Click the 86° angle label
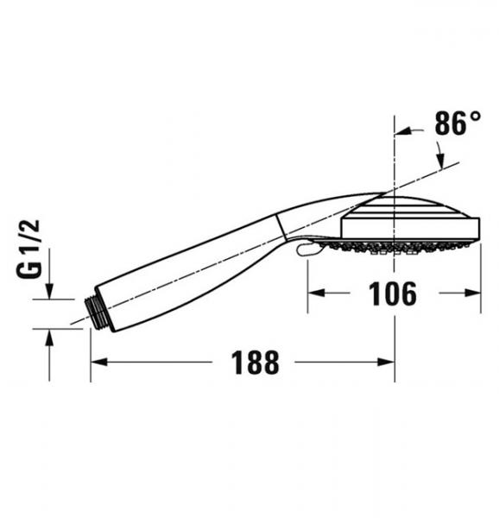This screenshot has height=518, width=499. click(457, 123)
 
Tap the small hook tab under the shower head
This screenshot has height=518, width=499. click(301, 250)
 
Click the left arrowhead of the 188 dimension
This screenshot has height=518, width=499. click(98, 363)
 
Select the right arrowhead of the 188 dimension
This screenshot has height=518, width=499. click(388, 363)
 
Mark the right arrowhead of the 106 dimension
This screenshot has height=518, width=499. click(474, 293)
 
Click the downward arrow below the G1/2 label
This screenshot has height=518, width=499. click(49, 293)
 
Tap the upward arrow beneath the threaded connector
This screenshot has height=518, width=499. click(49, 335)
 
